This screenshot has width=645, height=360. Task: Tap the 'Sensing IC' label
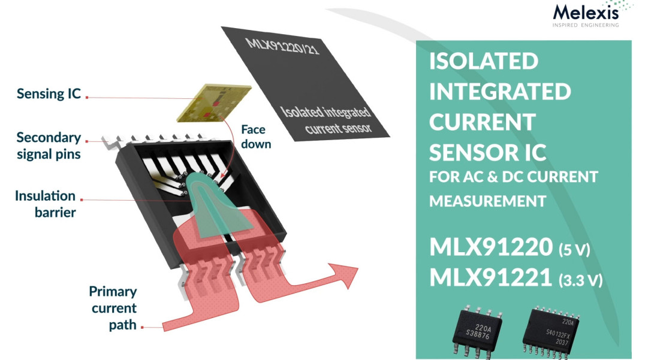tap(49, 93)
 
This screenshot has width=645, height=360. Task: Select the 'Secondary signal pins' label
tap(49, 146)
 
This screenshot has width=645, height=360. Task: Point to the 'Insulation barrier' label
tap(46, 204)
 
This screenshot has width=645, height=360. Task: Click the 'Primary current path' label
tap(113, 308)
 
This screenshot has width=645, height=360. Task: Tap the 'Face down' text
tap(256, 137)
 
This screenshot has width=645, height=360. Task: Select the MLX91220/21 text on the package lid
tap(282, 47)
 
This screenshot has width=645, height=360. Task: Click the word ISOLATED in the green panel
tap(484, 61)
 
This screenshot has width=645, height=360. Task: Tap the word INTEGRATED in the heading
tap(500, 92)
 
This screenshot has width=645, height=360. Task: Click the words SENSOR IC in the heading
tap(488, 152)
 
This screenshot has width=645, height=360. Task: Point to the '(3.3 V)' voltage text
tap(581, 280)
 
